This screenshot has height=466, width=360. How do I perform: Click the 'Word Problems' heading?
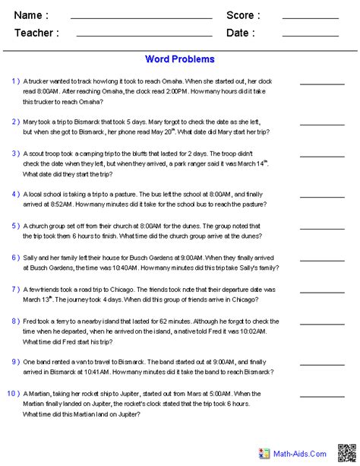[x=179, y=59]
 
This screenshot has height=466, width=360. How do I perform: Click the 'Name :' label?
[x=31, y=15]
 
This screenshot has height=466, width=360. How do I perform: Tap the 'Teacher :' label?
[x=36, y=33]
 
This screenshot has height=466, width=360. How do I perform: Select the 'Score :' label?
[x=243, y=15]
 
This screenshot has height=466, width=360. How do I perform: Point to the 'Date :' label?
[x=241, y=33]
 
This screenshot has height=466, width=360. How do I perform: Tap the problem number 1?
[x=15, y=81]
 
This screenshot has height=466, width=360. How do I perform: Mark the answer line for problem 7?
[x=322, y=292]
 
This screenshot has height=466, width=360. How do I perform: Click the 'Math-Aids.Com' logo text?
[x=302, y=454]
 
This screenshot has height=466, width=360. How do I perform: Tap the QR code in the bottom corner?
[x=346, y=453]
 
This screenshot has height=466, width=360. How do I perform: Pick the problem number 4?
[x=15, y=193]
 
